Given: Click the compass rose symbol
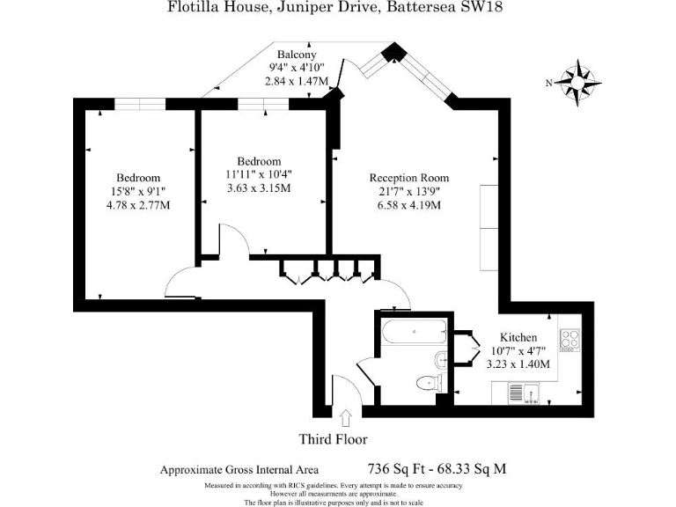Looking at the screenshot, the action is pyautogui.click(x=577, y=83).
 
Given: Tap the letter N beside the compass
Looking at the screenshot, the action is pyautogui.click(x=549, y=84).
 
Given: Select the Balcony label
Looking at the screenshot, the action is pyautogui.click(x=297, y=55).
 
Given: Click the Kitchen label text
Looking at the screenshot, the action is pyautogui.click(x=518, y=337).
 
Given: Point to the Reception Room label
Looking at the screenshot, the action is pyautogui.click(x=409, y=178).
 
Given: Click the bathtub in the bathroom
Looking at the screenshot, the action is pyautogui.click(x=415, y=332).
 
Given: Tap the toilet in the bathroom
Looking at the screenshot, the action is pyautogui.click(x=430, y=382).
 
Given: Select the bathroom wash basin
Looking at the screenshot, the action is pyautogui.click(x=441, y=360).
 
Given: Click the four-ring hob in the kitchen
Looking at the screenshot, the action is pyautogui.click(x=569, y=339).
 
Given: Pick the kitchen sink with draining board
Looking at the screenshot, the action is pyautogui.click(x=524, y=393).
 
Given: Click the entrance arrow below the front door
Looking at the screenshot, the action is pyautogui.click(x=346, y=418).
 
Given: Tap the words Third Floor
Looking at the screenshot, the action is pyautogui.click(x=334, y=439).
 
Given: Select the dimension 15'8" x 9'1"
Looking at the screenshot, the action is pyautogui.click(x=138, y=191).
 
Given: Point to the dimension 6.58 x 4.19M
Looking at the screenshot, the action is pyautogui.click(x=409, y=205).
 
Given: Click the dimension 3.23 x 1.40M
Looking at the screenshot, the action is pyautogui.click(x=518, y=364).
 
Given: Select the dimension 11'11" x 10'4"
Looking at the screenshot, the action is pyautogui.click(x=259, y=174).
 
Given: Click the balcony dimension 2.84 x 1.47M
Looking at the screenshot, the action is pyautogui.click(x=297, y=81).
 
